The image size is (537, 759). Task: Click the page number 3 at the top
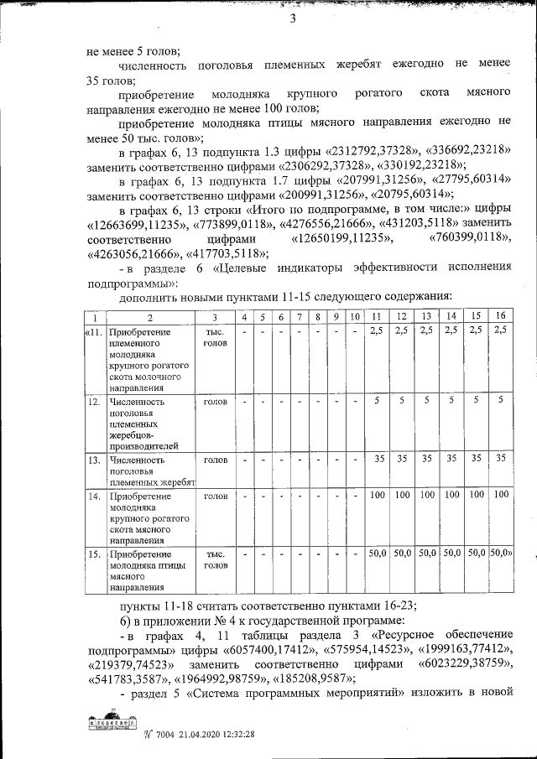293,21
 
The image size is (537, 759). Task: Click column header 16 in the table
501,317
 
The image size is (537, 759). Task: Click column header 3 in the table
215,317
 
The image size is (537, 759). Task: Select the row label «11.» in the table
93,332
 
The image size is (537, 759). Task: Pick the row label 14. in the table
94,496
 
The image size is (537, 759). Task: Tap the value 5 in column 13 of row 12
426,402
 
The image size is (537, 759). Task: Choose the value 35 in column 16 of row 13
501,460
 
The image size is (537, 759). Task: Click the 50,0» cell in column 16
501,554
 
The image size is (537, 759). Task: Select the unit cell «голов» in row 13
215,460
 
